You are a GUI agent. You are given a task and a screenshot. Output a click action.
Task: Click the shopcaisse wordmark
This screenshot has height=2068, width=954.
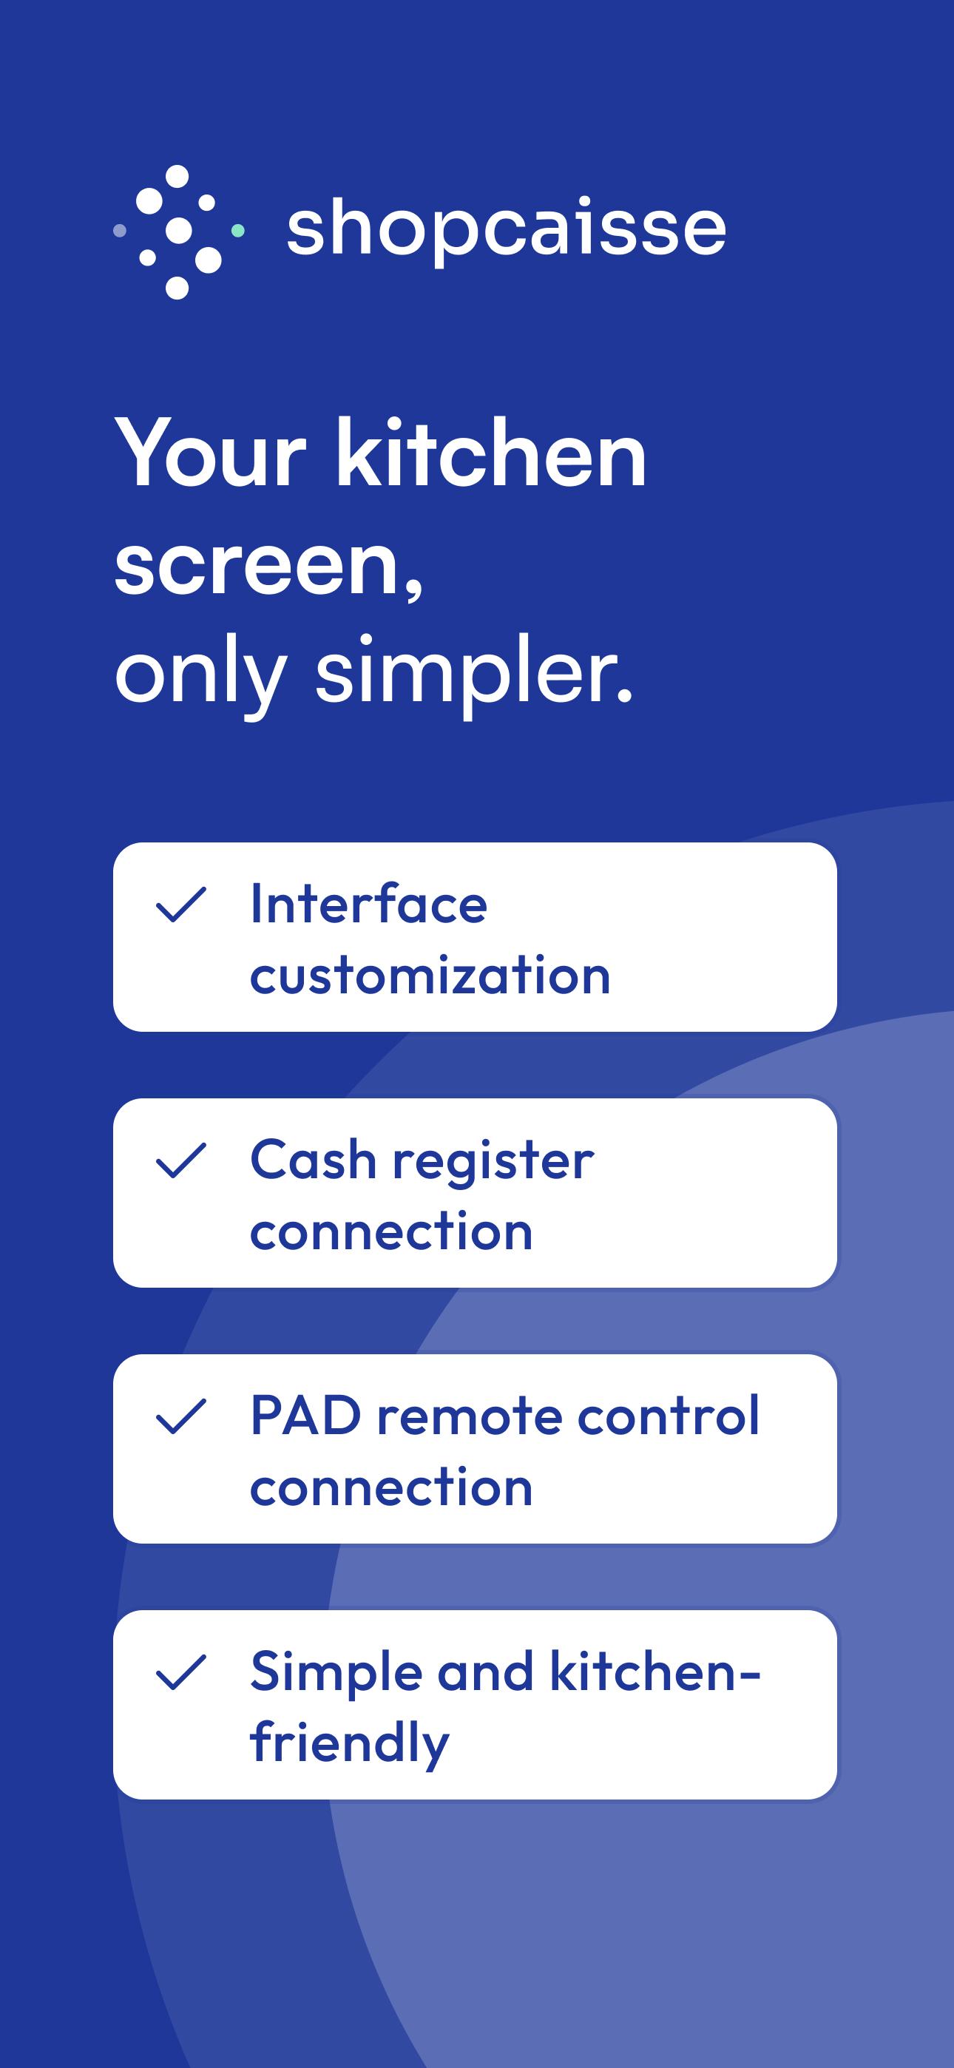506,229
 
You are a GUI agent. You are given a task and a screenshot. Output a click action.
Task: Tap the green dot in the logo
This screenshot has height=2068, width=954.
237,232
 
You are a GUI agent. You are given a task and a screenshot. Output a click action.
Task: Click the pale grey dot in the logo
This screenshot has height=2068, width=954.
120,232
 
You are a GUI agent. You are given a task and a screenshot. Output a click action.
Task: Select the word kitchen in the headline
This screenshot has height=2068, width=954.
490,453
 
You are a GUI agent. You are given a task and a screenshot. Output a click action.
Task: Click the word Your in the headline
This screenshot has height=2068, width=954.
210,455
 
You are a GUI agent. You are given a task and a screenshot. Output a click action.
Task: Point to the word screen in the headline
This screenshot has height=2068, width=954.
268,564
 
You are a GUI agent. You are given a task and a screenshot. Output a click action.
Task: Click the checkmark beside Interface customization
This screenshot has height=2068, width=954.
180,904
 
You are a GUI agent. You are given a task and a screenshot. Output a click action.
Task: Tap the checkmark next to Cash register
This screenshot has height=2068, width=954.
180,1160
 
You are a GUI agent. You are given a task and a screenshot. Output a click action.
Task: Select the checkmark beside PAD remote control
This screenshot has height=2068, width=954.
180,1416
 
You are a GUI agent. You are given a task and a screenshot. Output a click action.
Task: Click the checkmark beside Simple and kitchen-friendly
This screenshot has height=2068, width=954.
180,1672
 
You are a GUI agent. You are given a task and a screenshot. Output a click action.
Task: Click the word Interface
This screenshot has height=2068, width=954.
368,904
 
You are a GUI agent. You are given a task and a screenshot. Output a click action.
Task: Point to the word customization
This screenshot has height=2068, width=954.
430,976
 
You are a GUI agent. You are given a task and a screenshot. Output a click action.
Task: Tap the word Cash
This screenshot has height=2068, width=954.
313,1160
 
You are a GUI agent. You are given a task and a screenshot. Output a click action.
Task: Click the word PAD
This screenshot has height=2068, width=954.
306,1416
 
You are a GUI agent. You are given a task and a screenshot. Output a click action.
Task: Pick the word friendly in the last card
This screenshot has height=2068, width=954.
349,1743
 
